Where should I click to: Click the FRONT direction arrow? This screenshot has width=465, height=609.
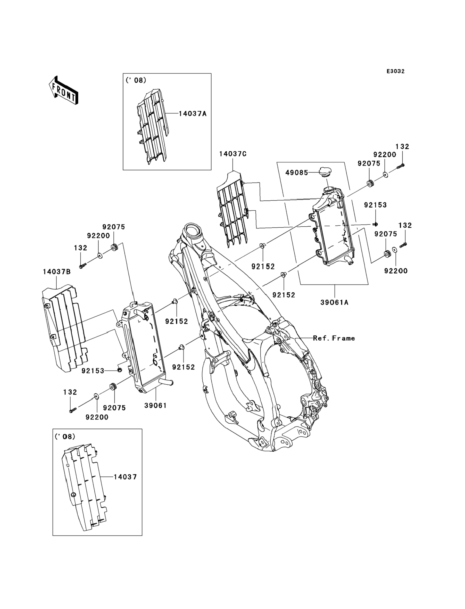(63, 90)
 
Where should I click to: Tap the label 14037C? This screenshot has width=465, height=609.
(233, 154)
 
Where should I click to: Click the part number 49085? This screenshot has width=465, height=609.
(297, 173)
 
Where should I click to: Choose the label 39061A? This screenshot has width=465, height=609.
(334, 302)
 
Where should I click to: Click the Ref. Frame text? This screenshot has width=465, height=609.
(334, 338)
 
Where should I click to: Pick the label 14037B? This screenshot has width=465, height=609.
(56, 272)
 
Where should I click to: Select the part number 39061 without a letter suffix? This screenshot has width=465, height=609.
(155, 406)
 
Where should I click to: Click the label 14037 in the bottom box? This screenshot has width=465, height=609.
(125, 477)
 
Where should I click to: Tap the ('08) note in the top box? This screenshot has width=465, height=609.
(136, 80)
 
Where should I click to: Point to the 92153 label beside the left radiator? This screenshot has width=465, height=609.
(93, 371)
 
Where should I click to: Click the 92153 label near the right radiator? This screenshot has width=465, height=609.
(375, 205)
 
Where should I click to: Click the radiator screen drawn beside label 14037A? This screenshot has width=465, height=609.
(152, 127)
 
